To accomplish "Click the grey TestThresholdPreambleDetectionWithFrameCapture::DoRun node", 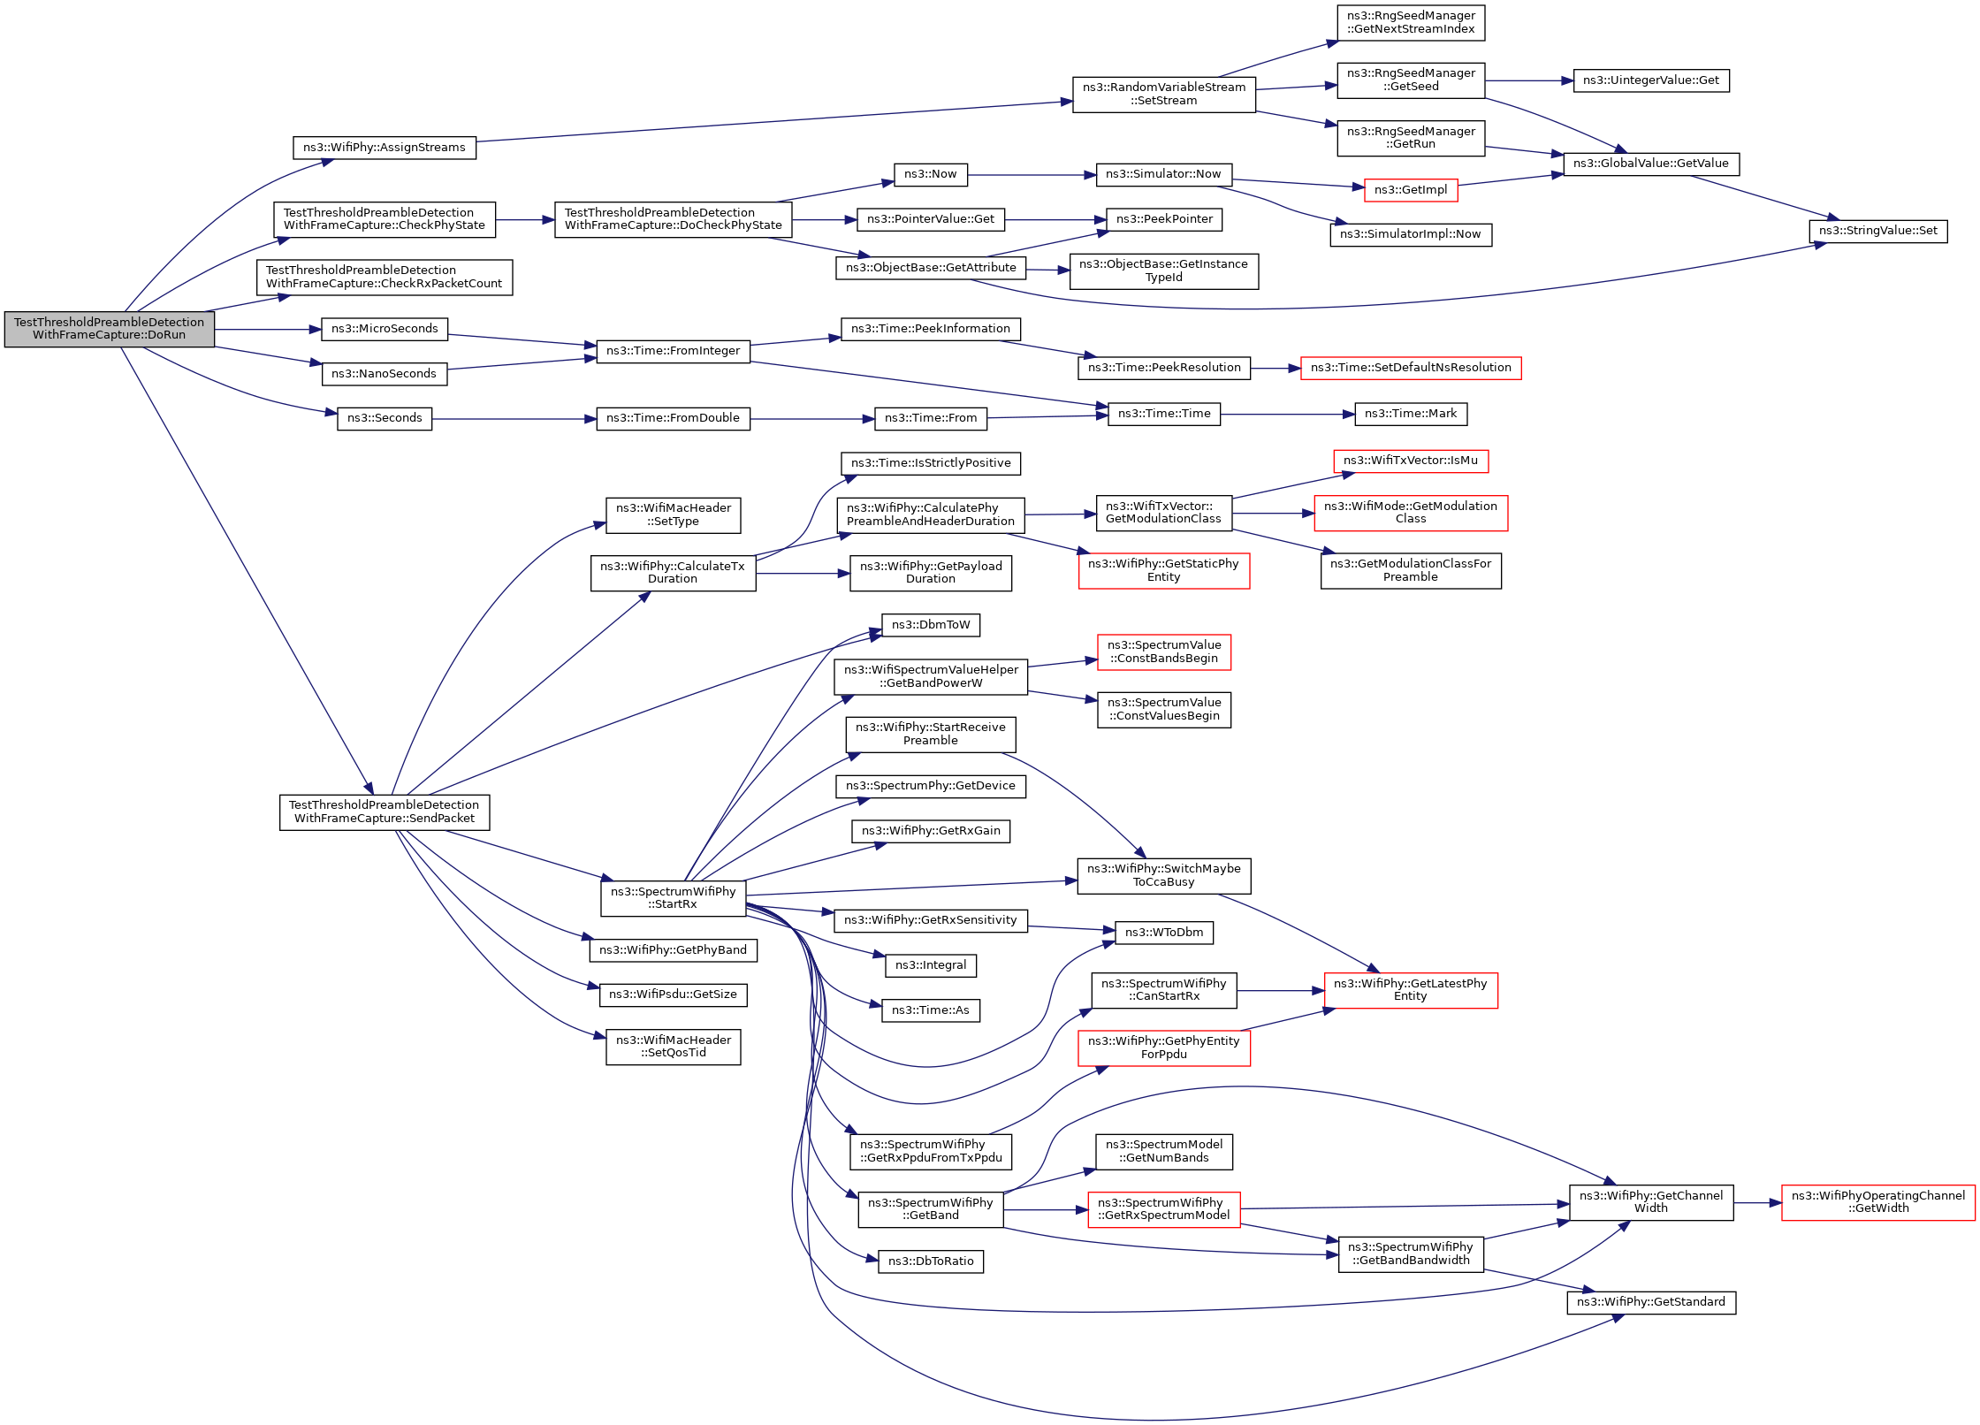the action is pos(110,329).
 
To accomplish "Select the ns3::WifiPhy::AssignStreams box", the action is pos(385,148).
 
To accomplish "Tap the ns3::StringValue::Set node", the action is pos(1878,231).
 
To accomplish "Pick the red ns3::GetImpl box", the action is pos(1411,190).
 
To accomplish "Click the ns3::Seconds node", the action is pos(385,418).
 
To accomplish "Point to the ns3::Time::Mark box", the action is pos(1411,414).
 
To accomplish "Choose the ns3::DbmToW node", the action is pos(931,625).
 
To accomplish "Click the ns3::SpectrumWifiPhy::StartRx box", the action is pos(674,898).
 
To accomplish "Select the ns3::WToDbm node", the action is pos(1164,933).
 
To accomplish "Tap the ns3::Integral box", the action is pos(931,965).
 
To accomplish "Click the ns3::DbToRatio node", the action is pos(931,1261).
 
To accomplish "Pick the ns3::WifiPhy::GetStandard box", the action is pos(1651,1302).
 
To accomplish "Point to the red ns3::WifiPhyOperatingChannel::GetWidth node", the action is pos(1878,1202).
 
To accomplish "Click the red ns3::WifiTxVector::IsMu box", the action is pos(1411,461).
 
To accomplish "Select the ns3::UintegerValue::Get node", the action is pos(1651,80).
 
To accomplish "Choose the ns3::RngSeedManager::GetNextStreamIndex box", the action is pos(1411,22).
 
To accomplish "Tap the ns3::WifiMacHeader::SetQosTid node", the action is pos(674,1047).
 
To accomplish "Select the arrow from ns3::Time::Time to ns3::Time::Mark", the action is pos(1288,415).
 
